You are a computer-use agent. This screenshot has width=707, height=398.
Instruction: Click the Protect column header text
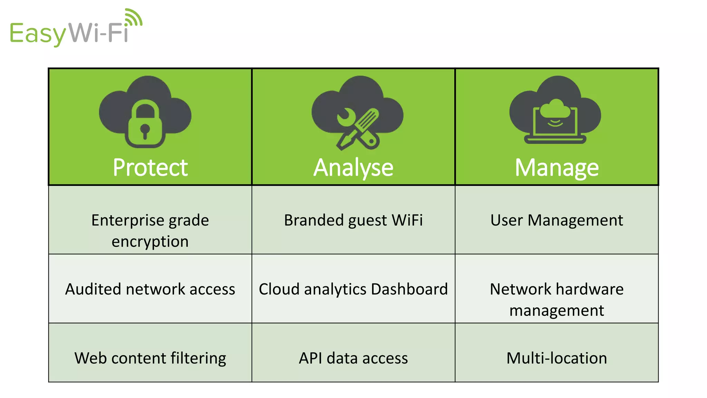pyautogui.click(x=150, y=168)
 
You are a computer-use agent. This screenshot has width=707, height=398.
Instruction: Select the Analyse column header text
pyautogui.click(x=353, y=168)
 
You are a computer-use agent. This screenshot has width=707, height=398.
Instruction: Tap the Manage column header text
pyautogui.click(x=556, y=168)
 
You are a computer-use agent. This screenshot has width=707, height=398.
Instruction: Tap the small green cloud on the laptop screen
pyautogui.click(x=555, y=109)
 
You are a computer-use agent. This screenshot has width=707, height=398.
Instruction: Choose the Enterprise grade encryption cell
pyautogui.click(x=150, y=230)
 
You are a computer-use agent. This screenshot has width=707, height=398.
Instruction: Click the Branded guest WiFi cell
pyautogui.click(x=353, y=220)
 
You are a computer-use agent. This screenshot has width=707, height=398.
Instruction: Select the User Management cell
pyautogui.click(x=556, y=220)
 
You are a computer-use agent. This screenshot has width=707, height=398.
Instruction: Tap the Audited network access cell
pyautogui.click(x=150, y=289)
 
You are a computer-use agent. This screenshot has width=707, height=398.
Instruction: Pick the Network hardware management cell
pyautogui.click(x=556, y=299)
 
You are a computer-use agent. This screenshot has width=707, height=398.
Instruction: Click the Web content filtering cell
pyautogui.click(x=150, y=358)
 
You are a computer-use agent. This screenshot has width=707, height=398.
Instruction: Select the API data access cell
pyautogui.click(x=353, y=358)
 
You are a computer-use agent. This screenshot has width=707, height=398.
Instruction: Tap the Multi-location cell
pyautogui.click(x=556, y=358)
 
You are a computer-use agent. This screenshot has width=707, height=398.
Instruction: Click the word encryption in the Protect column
pyautogui.click(x=150, y=241)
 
